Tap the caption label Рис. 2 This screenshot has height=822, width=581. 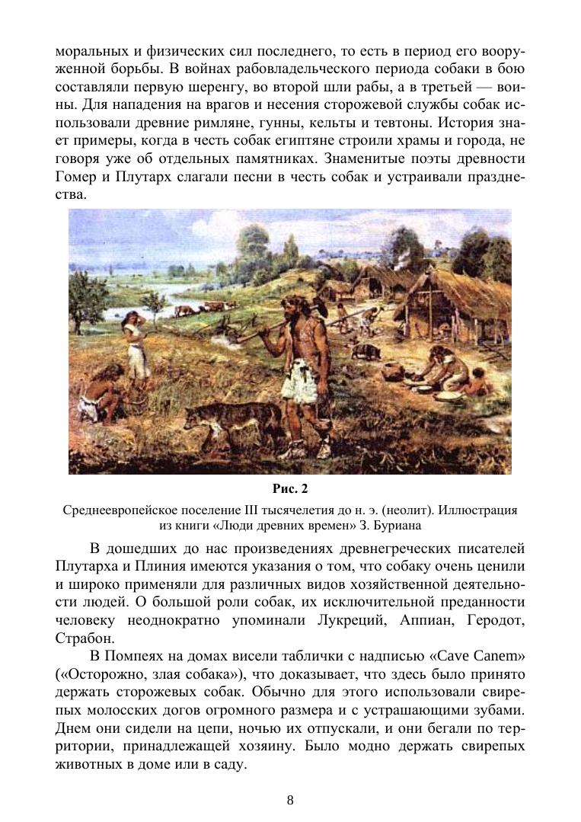tap(289, 488)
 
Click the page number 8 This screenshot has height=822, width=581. tap(290, 799)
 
